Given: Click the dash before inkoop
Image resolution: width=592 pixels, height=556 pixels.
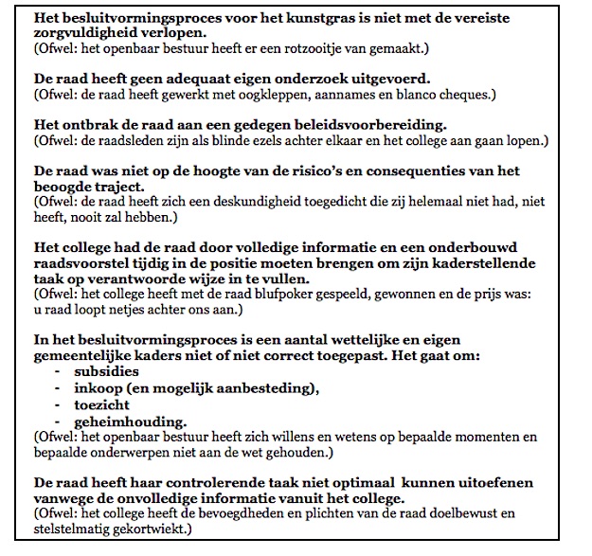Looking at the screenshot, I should coord(62,387).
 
